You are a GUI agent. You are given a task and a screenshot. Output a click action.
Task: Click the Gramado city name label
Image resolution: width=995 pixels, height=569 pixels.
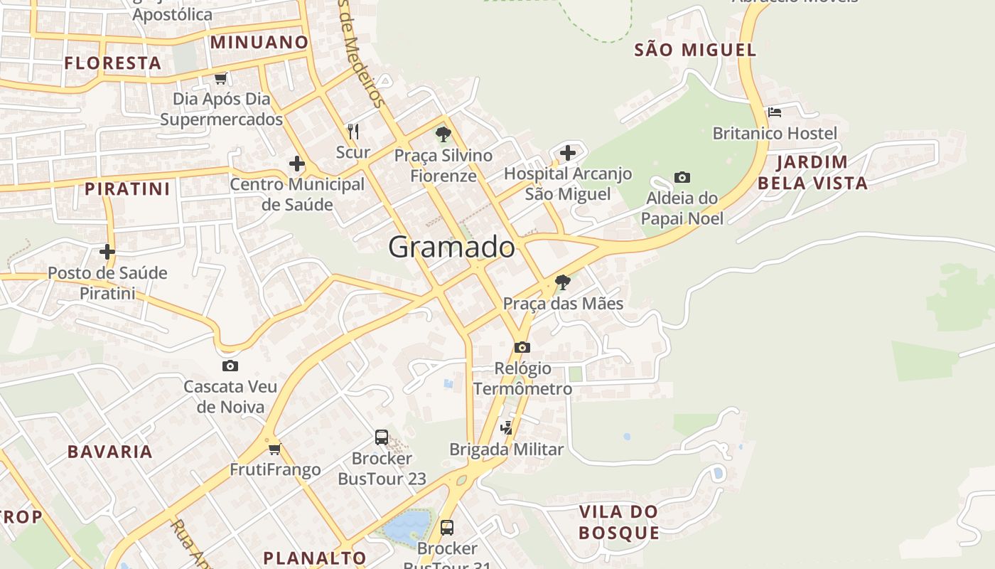pos(451,247)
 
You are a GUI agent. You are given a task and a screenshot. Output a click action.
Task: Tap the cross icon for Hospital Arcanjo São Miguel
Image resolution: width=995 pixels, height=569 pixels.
pos(567,152)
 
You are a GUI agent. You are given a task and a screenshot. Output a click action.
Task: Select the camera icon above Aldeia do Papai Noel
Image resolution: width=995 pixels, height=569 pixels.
pos(682,177)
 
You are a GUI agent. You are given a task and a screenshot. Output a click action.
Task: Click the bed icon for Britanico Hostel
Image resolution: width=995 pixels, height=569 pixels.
pos(774,112)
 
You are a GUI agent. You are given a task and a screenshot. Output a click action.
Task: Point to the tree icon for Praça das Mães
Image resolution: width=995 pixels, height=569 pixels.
pos(562,282)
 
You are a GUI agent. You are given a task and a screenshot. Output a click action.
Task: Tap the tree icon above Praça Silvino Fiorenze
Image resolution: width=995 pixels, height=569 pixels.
pos(443,134)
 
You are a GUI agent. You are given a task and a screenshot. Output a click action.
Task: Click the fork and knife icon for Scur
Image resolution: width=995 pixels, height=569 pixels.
pos(353,131)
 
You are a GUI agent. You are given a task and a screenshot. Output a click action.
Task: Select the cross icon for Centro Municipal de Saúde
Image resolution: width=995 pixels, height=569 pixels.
pos(296,164)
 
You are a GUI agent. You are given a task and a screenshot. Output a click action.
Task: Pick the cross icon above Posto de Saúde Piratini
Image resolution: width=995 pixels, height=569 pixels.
pos(107,252)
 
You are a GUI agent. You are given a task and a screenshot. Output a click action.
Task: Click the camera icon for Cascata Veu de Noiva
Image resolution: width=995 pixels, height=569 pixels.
pos(230,366)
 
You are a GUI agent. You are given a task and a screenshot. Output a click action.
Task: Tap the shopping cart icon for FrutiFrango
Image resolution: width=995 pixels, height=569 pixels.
pos(275,449)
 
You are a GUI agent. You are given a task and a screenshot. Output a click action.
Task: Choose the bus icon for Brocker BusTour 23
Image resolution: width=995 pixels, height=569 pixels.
pos(382,437)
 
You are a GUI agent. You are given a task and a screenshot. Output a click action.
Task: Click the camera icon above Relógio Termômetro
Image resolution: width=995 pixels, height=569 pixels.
pos(522,347)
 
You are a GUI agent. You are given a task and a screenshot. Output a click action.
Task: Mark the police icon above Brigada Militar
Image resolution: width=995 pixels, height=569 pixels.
pos(506,427)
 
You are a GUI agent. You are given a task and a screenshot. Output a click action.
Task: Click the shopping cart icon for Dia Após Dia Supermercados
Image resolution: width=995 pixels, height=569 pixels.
pos(221,78)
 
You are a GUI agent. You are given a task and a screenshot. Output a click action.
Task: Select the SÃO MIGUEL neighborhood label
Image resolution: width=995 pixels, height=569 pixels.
pos(694,50)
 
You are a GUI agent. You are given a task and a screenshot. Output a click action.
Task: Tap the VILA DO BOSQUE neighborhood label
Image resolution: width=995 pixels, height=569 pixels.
pos(618,522)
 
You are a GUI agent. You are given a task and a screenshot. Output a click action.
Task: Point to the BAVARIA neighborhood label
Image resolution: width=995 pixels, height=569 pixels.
pos(110,452)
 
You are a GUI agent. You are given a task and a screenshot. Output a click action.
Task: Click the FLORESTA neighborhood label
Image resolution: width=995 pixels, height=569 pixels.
pos(113,63)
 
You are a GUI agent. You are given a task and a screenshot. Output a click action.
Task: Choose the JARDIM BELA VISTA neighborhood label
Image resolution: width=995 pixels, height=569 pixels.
pos(812,173)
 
